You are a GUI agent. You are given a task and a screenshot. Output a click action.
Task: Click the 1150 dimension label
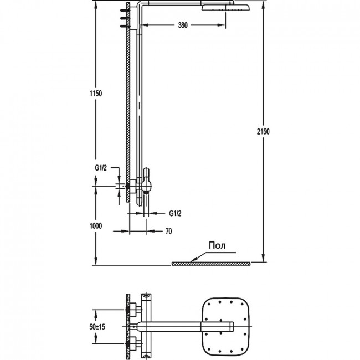coord(96,94)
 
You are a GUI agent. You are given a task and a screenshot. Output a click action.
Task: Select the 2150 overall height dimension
coord(263,132)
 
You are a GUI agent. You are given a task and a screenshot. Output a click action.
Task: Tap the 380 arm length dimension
coord(183,25)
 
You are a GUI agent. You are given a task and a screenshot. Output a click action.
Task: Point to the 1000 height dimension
coord(96,226)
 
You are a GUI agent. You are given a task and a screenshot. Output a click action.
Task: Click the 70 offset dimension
coord(168,231)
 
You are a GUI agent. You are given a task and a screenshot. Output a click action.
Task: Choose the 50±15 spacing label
coord(97,326)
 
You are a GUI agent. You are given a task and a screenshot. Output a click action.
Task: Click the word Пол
coord(217,245)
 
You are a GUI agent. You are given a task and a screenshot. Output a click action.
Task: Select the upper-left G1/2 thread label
coord(101,168)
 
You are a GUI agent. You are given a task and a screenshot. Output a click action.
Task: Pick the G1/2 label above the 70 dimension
coord(175,214)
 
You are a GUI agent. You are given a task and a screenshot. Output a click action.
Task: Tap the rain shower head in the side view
coord(226,8)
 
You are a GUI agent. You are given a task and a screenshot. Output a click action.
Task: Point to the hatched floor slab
coord(211,264)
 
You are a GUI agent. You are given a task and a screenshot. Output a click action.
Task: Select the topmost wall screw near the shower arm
coord(125,11)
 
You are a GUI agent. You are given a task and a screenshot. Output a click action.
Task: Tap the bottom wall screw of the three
coord(125,26)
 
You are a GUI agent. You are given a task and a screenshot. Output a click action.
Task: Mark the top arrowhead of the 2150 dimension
coord(263,4)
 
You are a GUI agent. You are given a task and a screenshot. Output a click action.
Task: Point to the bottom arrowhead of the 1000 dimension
coord(96,261)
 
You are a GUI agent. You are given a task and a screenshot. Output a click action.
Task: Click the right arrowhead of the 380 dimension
coord(222,25)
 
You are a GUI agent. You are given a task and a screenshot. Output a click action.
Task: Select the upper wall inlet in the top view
coord(132,310)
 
